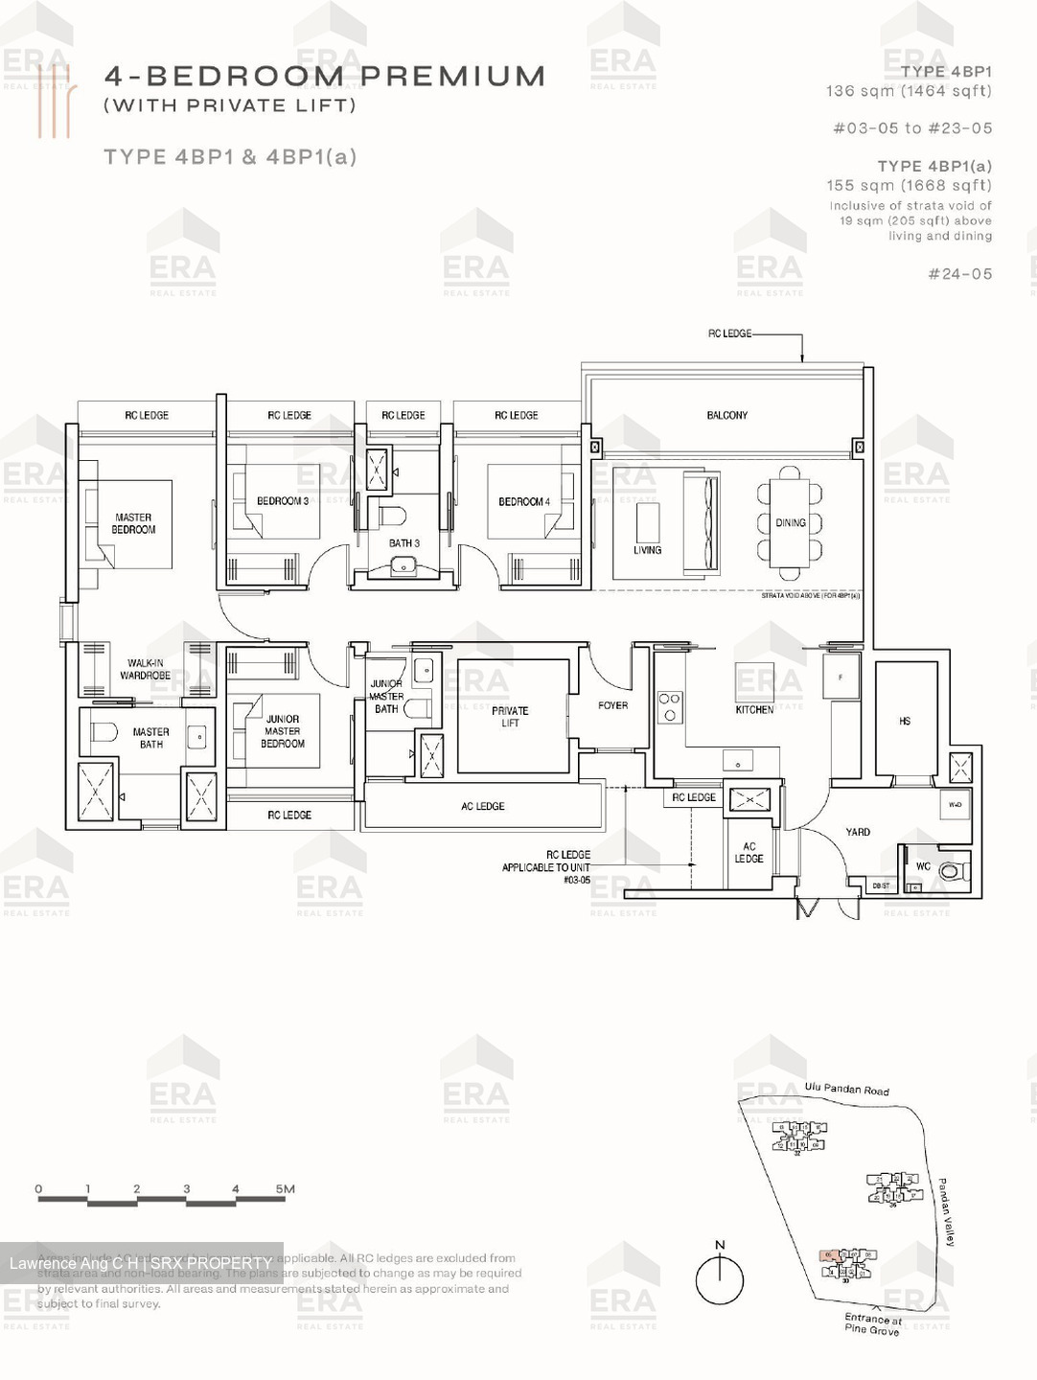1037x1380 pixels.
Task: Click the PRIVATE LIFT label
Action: point(510,717)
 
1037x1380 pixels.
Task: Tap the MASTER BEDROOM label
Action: point(133,523)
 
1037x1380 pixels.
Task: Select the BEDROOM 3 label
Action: point(283,501)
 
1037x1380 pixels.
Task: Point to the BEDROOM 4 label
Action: point(523,501)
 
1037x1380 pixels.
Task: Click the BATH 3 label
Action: point(403,543)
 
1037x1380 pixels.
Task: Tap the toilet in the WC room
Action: point(950,871)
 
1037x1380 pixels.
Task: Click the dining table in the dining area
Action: point(790,522)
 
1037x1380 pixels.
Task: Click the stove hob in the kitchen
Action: point(669,707)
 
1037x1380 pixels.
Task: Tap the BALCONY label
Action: point(726,415)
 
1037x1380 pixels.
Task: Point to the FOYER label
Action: point(612,705)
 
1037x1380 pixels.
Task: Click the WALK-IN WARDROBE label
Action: point(145,669)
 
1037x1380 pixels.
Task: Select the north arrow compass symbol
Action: point(720,1279)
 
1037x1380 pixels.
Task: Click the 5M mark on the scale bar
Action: point(285,1189)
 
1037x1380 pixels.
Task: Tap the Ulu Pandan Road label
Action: point(846,1089)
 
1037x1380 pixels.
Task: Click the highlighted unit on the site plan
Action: point(830,1254)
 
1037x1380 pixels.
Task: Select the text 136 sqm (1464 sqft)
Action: point(909,91)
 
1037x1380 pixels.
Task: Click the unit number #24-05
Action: point(959,274)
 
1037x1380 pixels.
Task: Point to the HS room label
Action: point(905,721)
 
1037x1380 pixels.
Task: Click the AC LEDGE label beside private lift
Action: point(482,806)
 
